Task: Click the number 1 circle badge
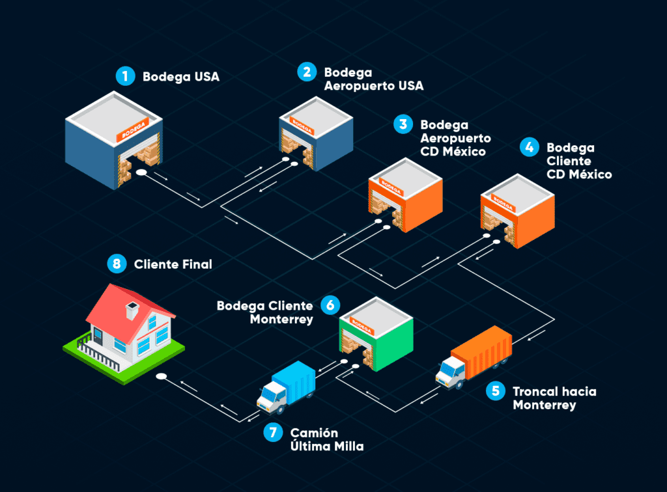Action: point(124,76)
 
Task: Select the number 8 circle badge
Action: point(117,264)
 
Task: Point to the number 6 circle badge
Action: point(330,304)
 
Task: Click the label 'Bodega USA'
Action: point(180,77)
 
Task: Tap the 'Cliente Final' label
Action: point(173,264)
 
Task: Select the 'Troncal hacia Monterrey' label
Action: point(554,398)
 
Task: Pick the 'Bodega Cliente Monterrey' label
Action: point(264,312)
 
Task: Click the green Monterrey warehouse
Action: point(376,334)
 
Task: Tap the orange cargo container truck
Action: point(475,358)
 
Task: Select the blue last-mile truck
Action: point(288,388)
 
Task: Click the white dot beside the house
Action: point(160,376)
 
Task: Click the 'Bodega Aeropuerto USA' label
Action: point(373,79)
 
